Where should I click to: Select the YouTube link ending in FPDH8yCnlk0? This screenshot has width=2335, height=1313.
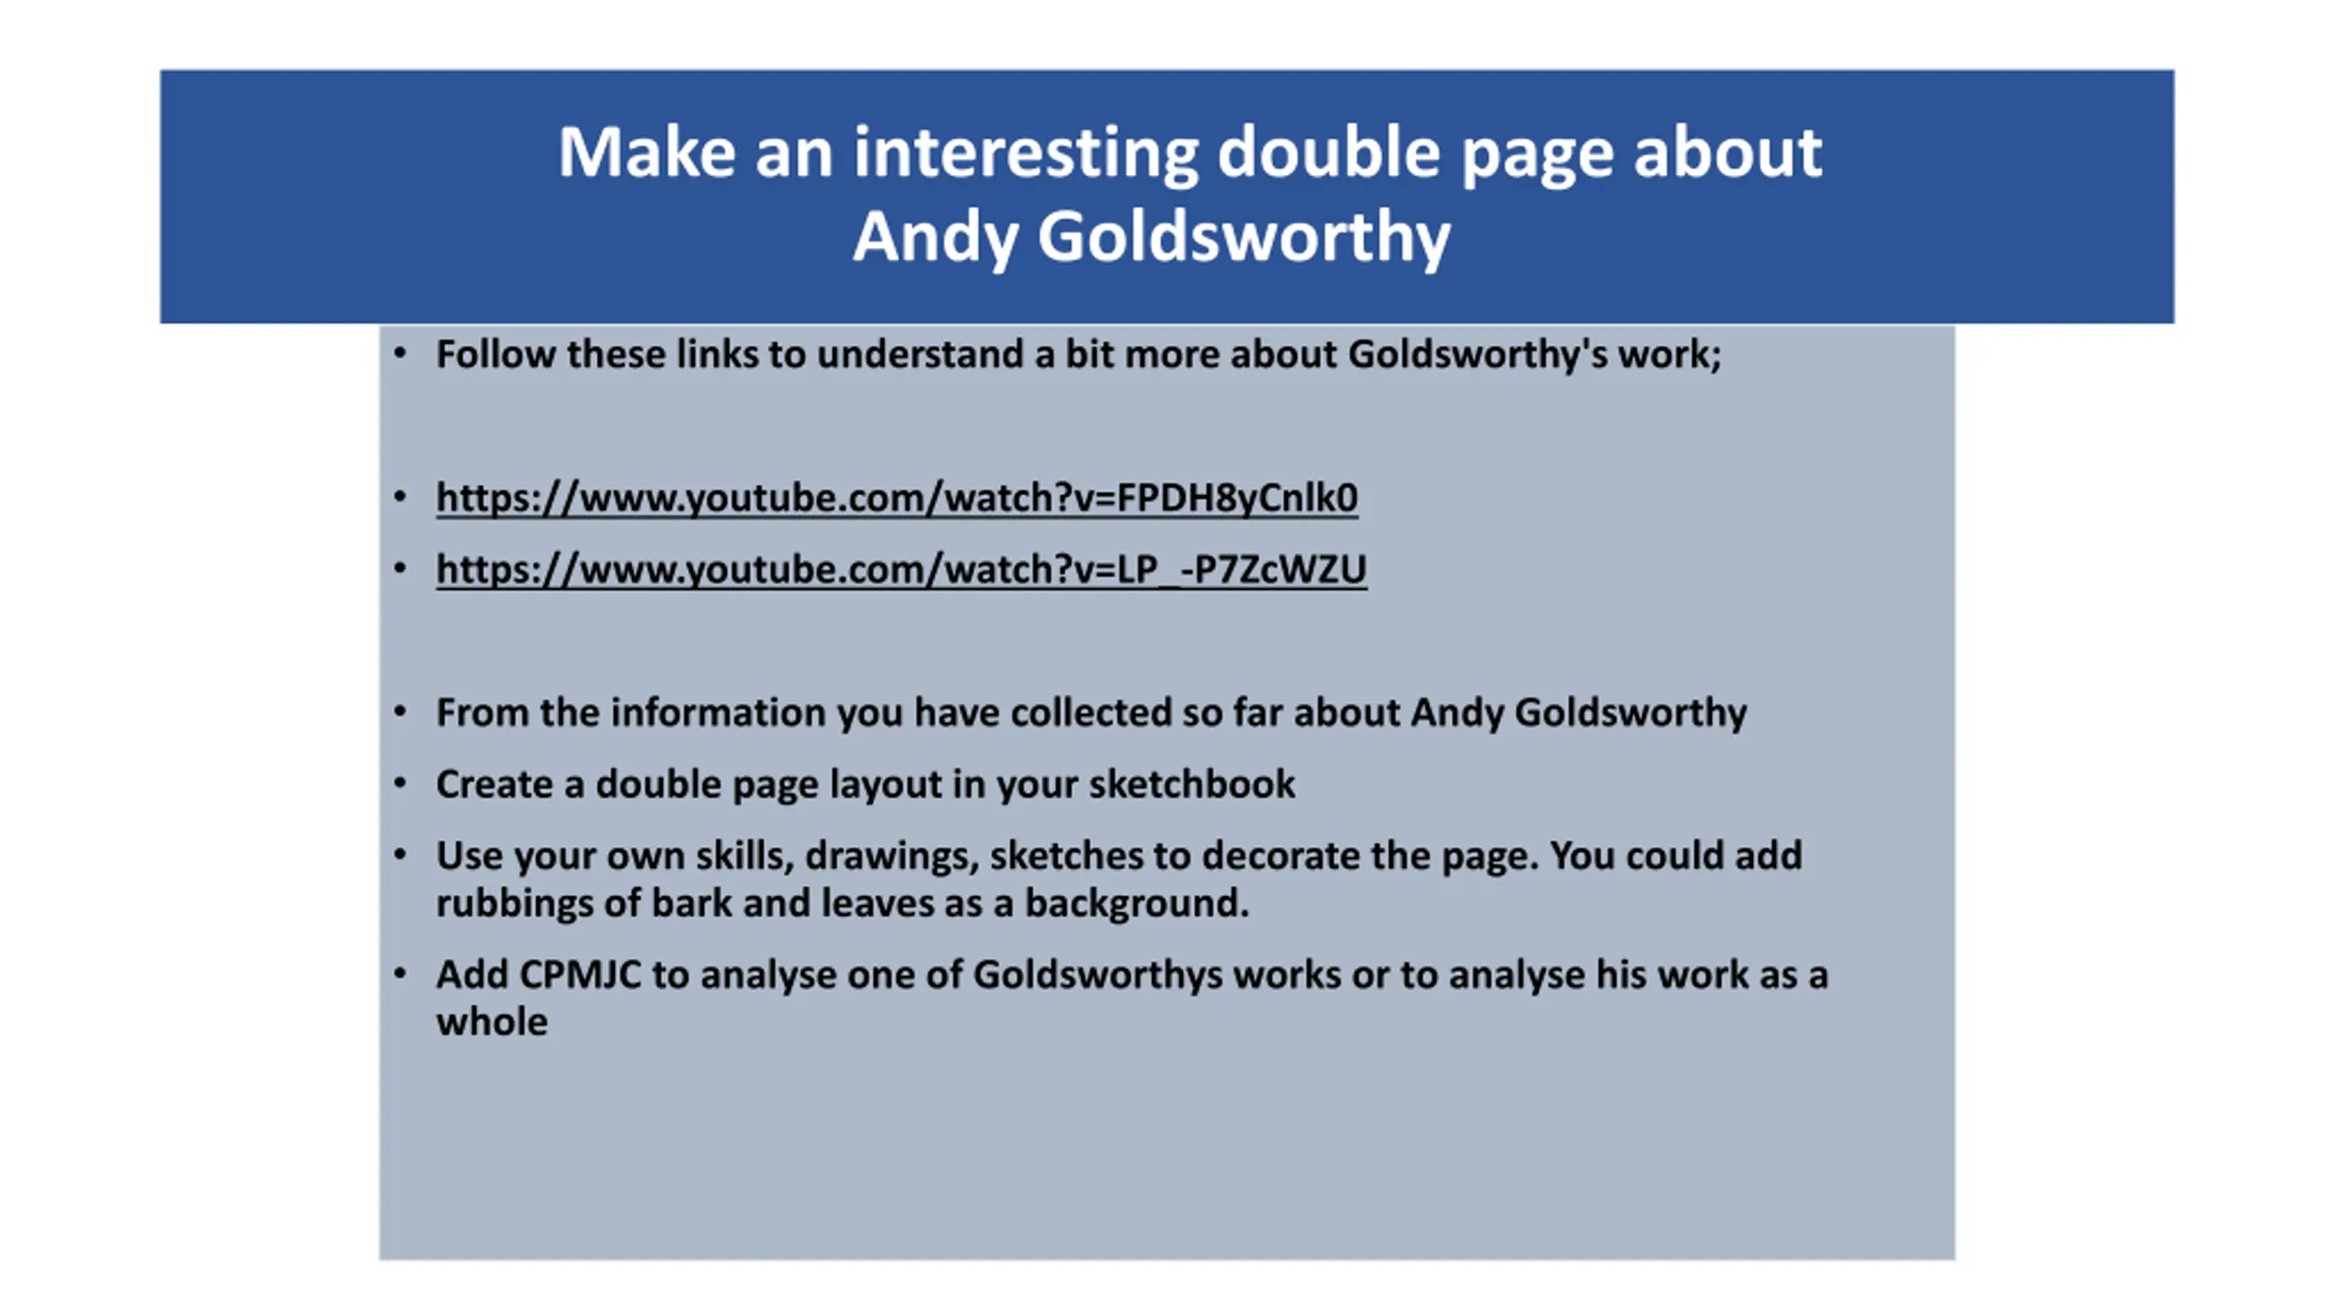pos(897,499)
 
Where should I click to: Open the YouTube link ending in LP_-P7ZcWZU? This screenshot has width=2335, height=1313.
pos(901,570)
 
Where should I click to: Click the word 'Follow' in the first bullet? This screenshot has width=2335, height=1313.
pos(496,354)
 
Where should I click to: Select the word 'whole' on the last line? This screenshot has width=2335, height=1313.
pos(492,1022)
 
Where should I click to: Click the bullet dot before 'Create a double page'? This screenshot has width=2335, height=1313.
pos(400,783)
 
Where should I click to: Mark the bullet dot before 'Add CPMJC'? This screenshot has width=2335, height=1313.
pos(400,974)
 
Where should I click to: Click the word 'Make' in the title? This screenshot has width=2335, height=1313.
pos(647,152)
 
